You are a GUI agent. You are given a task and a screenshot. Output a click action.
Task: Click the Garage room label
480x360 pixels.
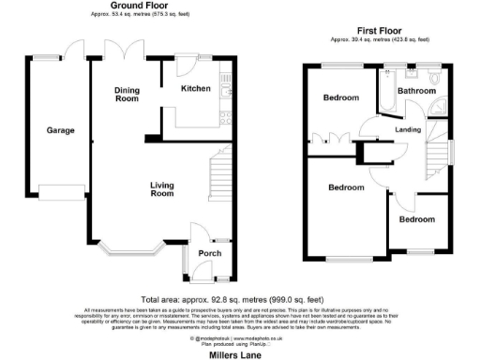tap(60, 130)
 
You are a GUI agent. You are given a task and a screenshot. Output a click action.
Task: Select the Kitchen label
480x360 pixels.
tap(194, 88)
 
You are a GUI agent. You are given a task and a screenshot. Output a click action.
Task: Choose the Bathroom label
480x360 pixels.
tap(416, 91)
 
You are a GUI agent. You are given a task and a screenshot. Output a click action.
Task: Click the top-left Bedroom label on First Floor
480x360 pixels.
tap(341, 97)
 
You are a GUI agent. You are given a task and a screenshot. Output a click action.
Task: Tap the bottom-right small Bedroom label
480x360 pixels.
tap(415, 218)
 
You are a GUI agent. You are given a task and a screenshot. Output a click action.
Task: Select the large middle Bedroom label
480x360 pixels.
tap(345, 187)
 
